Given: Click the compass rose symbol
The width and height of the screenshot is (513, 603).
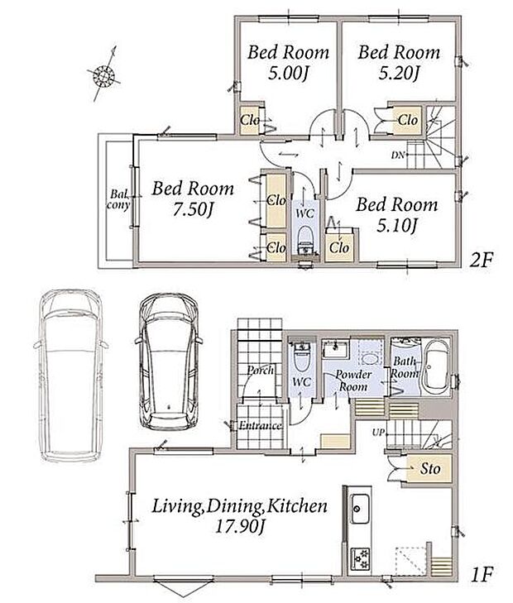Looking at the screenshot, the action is click(x=103, y=74).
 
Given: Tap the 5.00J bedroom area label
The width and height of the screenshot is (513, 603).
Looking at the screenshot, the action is click(x=288, y=73).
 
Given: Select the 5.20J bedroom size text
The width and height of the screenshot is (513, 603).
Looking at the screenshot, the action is click(x=399, y=73).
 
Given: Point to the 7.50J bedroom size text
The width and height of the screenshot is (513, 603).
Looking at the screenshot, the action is click(x=193, y=209).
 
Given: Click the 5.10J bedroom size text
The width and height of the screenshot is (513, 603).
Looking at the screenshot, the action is click(x=396, y=226).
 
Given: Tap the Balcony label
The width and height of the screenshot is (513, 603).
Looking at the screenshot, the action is click(x=118, y=199).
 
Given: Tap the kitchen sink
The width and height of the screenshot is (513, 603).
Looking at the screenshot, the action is click(x=360, y=509).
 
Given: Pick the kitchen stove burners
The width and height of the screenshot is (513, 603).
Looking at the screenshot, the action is click(x=360, y=559).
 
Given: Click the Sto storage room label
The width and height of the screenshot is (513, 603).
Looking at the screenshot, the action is click(x=430, y=469).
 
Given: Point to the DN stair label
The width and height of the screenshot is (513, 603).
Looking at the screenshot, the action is click(x=398, y=155).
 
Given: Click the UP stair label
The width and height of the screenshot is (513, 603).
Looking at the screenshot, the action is click(x=378, y=433).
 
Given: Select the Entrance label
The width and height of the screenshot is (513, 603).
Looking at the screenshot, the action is click(x=260, y=426).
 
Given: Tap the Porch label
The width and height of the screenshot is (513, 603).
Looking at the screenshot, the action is click(x=261, y=370).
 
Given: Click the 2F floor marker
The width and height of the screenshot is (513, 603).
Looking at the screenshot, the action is click(x=481, y=261).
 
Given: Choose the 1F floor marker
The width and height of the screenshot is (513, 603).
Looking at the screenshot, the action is click(x=482, y=575).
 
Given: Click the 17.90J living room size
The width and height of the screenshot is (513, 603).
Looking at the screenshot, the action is click(x=240, y=526).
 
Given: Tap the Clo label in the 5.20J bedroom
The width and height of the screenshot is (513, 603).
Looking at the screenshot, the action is click(x=408, y=120).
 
